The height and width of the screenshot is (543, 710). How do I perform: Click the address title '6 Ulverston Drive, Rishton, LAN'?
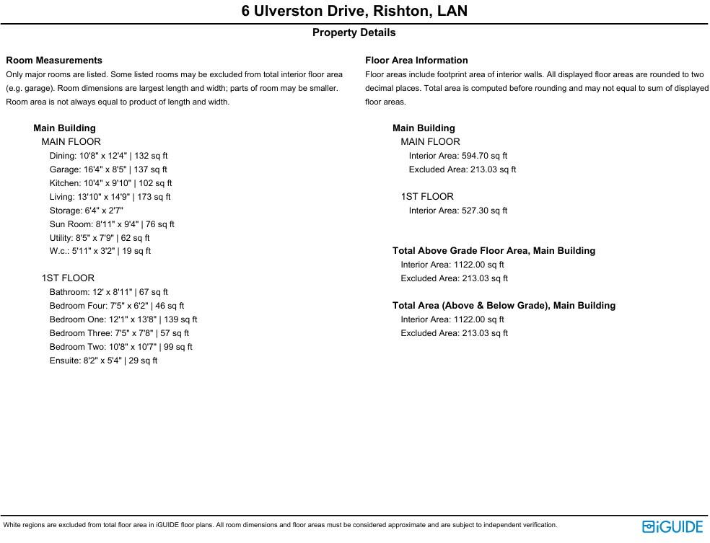[x=354, y=11]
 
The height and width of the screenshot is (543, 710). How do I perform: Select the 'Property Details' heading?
[x=354, y=32]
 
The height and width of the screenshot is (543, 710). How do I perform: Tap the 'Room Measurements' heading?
[x=54, y=61]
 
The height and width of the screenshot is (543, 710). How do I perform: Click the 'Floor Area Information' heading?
[x=416, y=61]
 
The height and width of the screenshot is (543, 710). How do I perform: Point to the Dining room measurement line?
[x=108, y=156]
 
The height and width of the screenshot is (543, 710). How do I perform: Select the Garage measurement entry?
[x=108, y=169]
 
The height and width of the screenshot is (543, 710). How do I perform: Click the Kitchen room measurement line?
[x=110, y=183]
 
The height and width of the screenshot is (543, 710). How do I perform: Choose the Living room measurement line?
[x=110, y=197]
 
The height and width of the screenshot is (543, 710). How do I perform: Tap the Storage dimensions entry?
[x=87, y=211]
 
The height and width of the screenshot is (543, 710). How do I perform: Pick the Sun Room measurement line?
[x=112, y=224]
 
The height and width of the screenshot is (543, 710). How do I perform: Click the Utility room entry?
[x=100, y=238]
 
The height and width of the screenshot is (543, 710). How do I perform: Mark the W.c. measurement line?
[x=100, y=252]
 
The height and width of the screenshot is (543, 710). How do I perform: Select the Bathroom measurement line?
[x=108, y=292]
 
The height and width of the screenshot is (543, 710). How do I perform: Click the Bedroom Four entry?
[x=117, y=306]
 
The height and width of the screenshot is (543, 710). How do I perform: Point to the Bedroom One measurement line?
[x=123, y=319]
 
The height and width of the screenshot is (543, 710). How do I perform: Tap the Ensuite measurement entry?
[x=103, y=361]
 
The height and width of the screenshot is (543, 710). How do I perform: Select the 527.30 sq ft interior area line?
[x=457, y=211]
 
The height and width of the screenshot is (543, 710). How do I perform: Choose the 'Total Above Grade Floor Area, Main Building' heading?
[x=494, y=251]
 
